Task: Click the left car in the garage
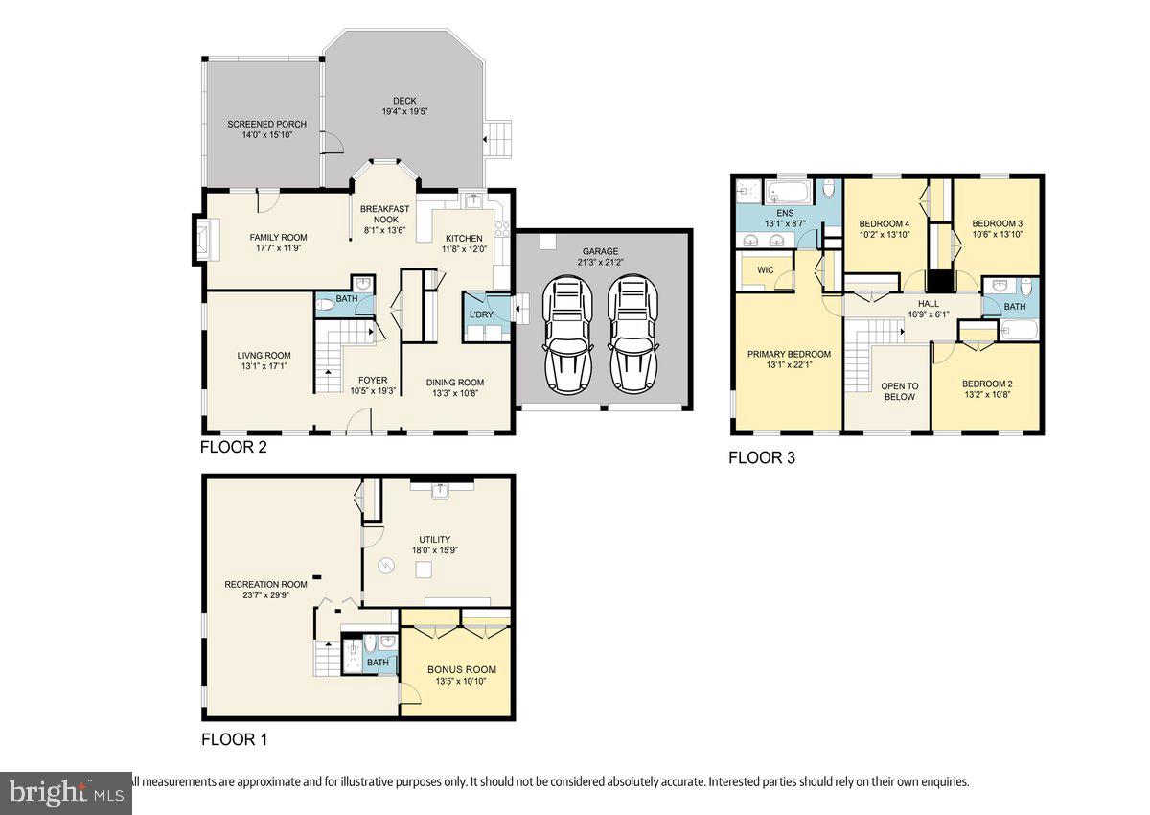pos(567,335)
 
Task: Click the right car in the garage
pos(633,335)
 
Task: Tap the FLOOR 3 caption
pos(762,457)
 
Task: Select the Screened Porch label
pos(267,124)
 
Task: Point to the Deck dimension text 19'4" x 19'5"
pos(405,111)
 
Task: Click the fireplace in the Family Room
pos(206,240)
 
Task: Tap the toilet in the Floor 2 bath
pos(325,305)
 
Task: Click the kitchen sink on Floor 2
pos(473,200)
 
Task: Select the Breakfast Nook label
pos(384,214)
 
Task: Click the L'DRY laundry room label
pos(481,314)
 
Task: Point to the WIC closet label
pos(765,270)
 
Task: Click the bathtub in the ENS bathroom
pos(789,193)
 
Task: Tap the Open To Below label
pos(900,391)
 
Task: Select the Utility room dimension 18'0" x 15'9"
pos(435,550)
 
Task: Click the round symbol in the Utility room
pos(385,566)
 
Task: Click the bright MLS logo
pos(66,793)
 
